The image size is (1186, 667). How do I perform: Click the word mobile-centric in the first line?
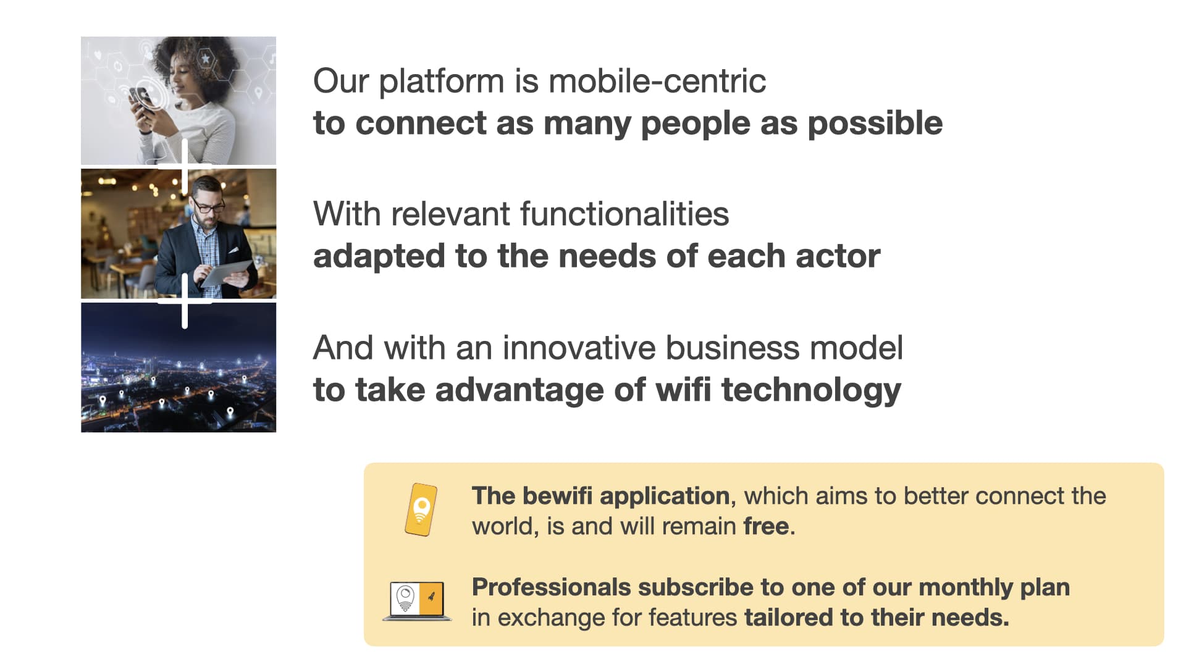(657, 81)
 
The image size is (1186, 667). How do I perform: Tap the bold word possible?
(875, 124)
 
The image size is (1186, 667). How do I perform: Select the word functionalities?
(625, 214)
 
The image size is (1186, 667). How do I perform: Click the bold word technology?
(812, 391)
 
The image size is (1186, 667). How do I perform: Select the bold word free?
(766, 526)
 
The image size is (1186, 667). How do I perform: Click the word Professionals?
(550, 587)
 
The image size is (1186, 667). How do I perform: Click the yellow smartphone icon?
(421, 510)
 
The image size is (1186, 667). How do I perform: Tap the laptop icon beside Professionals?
(418, 601)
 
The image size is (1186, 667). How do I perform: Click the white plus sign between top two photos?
(185, 166)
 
